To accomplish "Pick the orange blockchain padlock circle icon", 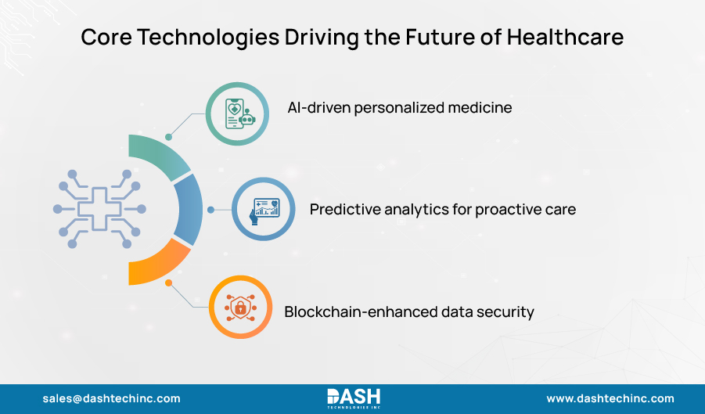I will [239, 308].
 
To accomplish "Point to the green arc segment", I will [157, 153].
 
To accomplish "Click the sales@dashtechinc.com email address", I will [111, 398].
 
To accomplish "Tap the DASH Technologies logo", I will [353, 398].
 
